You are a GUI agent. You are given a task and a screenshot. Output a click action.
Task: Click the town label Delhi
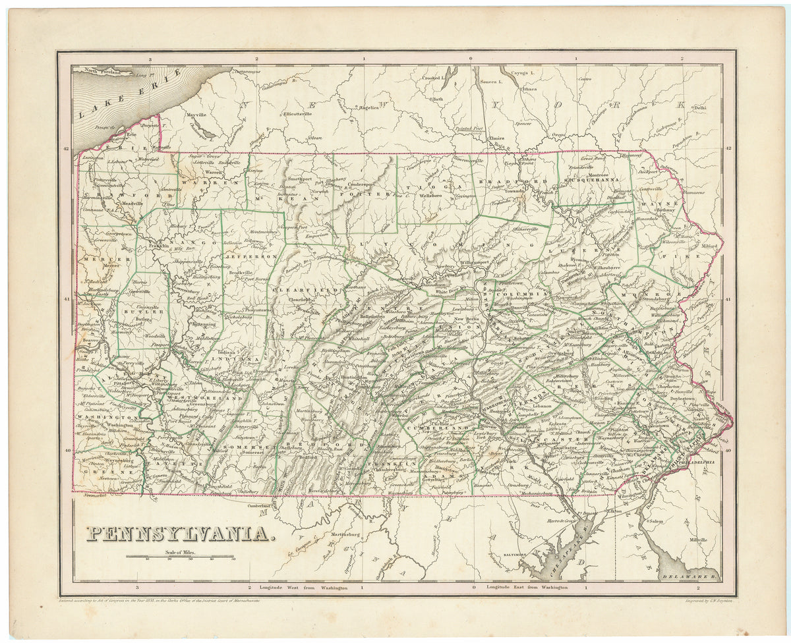699,107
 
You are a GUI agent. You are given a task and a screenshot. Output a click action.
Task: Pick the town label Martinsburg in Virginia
347,533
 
